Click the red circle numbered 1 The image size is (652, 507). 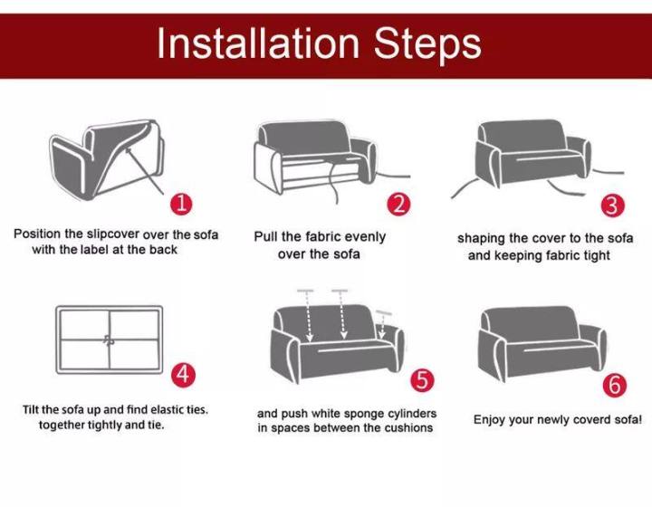coord(181,204)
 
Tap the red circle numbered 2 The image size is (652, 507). coord(398,205)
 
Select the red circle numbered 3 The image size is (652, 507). coord(612,206)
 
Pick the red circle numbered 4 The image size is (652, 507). coord(183,375)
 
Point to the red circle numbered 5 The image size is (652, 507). coord(422,380)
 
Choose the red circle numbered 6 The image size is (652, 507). coord(615,386)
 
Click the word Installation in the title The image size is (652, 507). coord(258,43)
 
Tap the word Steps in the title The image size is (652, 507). coord(427,45)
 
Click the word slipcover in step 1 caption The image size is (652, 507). coord(112,234)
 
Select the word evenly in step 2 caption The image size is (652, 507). coord(365,237)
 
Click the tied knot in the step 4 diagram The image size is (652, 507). coord(109,340)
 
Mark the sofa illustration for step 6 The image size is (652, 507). coord(542,344)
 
